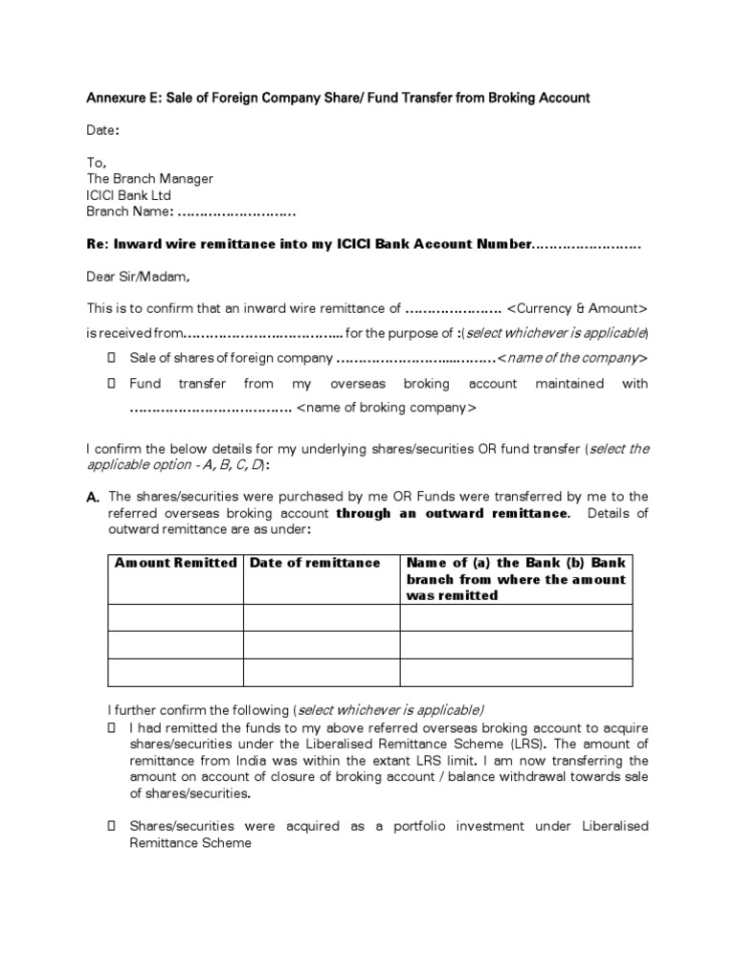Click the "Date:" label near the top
[x=103, y=130]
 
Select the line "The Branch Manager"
[x=149, y=179]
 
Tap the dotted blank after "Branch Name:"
[x=236, y=212]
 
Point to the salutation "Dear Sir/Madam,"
[x=139, y=278]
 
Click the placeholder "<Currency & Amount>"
[x=577, y=309]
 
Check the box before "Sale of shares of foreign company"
[x=111, y=358]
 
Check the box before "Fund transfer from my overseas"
[x=111, y=383]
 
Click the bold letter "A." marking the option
[x=93, y=498]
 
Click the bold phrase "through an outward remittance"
[x=452, y=513]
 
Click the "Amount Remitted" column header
[x=175, y=563]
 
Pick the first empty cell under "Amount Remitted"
[x=175, y=617]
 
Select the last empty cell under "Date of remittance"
[x=321, y=673]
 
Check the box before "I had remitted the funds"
[x=111, y=727]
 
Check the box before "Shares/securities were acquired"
[x=111, y=826]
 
